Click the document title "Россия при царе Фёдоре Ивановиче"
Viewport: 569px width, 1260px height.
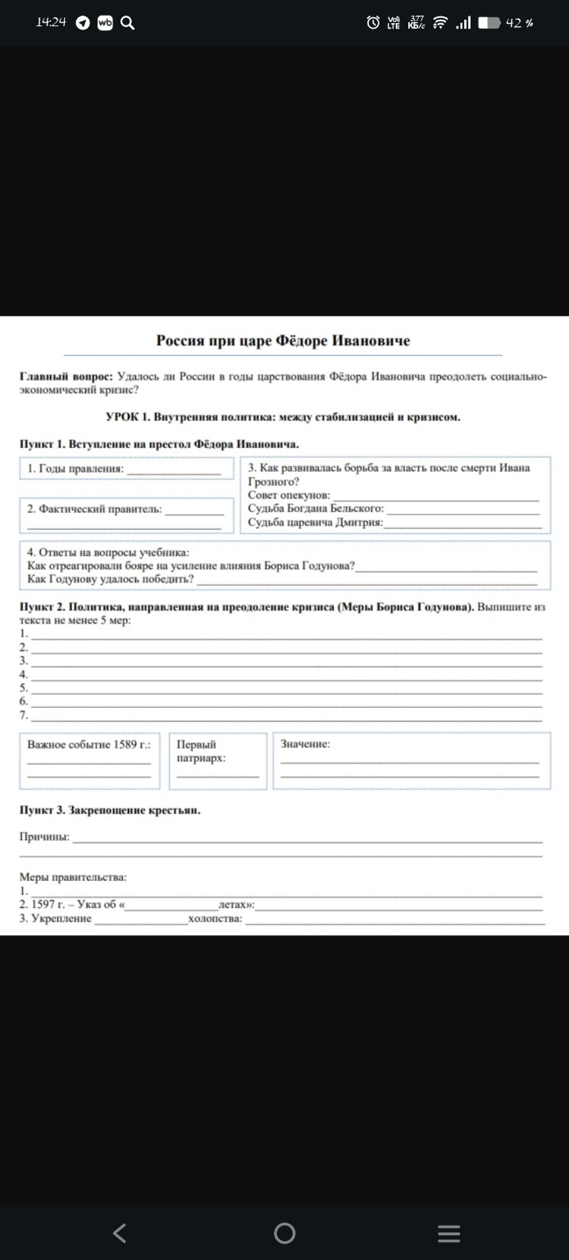point(283,340)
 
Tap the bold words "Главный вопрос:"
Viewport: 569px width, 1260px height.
point(66,375)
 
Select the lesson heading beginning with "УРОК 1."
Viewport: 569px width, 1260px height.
point(283,417)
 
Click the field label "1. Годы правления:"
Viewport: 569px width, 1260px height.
point(75,468)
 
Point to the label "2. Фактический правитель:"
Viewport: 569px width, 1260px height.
point(94,509)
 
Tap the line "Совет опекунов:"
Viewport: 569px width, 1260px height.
point(289,495)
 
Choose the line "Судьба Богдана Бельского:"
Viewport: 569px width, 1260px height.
point(316,509)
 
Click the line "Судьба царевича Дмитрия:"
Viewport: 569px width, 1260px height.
point(316,523)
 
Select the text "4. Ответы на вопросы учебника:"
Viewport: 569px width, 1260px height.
point(107,552)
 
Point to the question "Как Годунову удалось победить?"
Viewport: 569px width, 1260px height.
point(110,579)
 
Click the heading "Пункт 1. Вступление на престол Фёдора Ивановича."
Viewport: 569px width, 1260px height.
point(158,444)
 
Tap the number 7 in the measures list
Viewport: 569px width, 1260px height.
point(24,714)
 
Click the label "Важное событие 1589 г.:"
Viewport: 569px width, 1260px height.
point(89,745)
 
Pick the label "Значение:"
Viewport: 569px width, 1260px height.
point(305,744)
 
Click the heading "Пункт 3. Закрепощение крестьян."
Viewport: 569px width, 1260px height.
point(110,810)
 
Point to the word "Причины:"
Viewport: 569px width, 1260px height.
point(44,837)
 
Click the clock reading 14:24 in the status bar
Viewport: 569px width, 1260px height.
point(51,23)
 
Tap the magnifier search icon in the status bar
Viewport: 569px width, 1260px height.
point(127,23)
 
